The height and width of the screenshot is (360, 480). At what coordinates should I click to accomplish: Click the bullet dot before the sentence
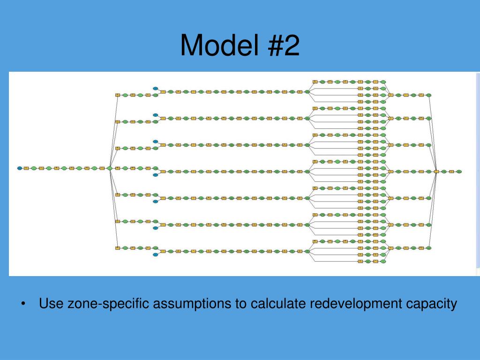tap(23, 304)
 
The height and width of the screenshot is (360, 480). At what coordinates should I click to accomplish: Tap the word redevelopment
tap(356, 304)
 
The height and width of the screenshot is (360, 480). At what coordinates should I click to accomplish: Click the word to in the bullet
tap(241, 304)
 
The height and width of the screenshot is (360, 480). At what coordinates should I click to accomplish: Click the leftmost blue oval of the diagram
tap(20, 168)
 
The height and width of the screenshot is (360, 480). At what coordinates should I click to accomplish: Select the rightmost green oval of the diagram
tap(459, 172)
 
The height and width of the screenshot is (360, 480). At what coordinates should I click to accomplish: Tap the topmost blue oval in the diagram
tap(155, 88)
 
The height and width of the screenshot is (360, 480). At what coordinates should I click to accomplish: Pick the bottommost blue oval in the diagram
tap(155, 255)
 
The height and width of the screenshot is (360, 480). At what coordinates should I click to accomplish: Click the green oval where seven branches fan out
tap(109, 168)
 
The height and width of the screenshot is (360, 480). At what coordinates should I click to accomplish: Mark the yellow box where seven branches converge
tap(436, 172)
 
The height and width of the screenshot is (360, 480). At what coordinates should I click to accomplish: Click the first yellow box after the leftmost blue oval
tap(26, 168)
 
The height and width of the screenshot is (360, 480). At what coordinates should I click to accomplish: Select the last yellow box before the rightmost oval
tap(451, 172)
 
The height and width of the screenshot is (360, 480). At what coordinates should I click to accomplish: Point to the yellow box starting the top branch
tap(118, 95)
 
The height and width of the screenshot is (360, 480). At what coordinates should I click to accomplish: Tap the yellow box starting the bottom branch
tap(118, 248)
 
